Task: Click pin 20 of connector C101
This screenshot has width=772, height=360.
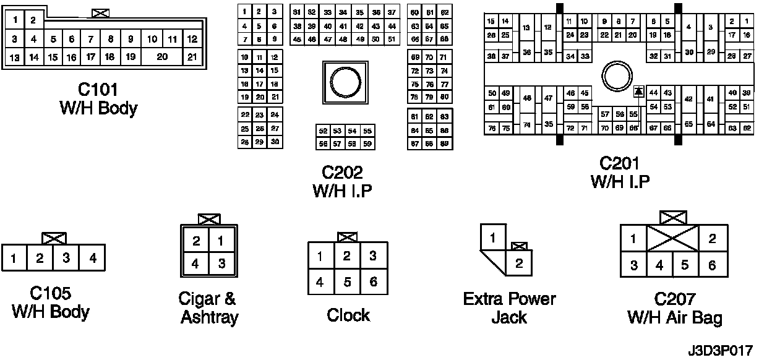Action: pyautogui.click(x=163, y=57)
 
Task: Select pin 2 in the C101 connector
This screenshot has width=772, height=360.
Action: pyautogui.click(x=32, y=20)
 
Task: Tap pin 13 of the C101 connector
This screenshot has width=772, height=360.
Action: pyautogui.click(x=15, y=58)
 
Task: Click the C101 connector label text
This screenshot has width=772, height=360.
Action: pyautogui.click(x=98, y=90)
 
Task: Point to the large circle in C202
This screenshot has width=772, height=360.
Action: pyautogui.click(x=341, y=82)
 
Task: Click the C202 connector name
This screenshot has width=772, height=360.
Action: pyautogui.click(x=341, y=171)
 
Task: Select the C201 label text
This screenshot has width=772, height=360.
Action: pyautogui.click(x=619, y=163)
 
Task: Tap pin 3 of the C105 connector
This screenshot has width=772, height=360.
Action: pyautogui.click(x=66, y=258)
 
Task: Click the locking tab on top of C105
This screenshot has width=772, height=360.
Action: pyautogui.click(x=54, y=238)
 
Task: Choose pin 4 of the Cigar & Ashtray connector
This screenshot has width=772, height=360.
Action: pyautogui.click(x=195, y=263)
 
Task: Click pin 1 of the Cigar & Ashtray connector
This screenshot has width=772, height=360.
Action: pyautogui.click(x=222, y=241)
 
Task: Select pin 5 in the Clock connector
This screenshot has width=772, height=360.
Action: pyautogui.click(x=347, y=281)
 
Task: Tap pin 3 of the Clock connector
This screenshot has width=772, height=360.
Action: pyautogui.click(x=373, y=255)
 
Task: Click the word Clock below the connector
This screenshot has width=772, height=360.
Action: pyautogui.click(x=348, y=315)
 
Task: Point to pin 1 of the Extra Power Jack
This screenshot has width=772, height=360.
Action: pyautogui.click(x=492, y=238)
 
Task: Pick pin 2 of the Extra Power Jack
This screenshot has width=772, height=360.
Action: pyautogui.click(x=519, y=264)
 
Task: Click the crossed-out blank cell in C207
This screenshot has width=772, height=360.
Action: pyautogui.click(x=673, y=239)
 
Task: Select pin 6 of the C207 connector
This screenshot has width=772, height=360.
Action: pyautogui.click(x=712, y=265)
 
